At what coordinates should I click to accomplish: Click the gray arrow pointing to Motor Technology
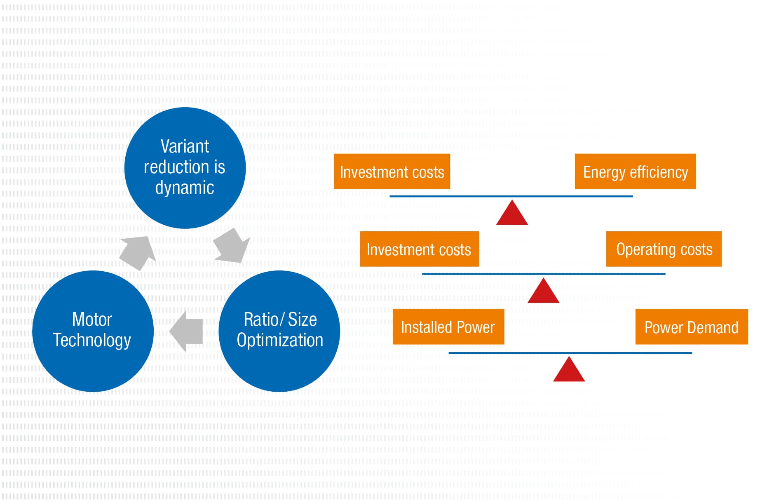(188, 331)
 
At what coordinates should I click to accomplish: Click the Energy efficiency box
(635, 172)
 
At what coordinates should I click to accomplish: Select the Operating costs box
(664, 249)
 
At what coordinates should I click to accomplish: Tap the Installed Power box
(448, 327)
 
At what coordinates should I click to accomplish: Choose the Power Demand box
(691, 327)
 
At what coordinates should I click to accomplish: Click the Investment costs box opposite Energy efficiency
(392, 172)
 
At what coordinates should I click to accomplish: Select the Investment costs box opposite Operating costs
(419, 249)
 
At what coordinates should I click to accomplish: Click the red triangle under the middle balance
(543, 292)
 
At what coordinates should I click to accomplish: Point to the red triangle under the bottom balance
(569, 370)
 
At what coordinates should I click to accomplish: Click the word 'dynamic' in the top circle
(185, 188)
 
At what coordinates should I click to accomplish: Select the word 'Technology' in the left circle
(92, 341)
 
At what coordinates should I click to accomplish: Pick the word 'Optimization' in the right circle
(280, 341)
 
